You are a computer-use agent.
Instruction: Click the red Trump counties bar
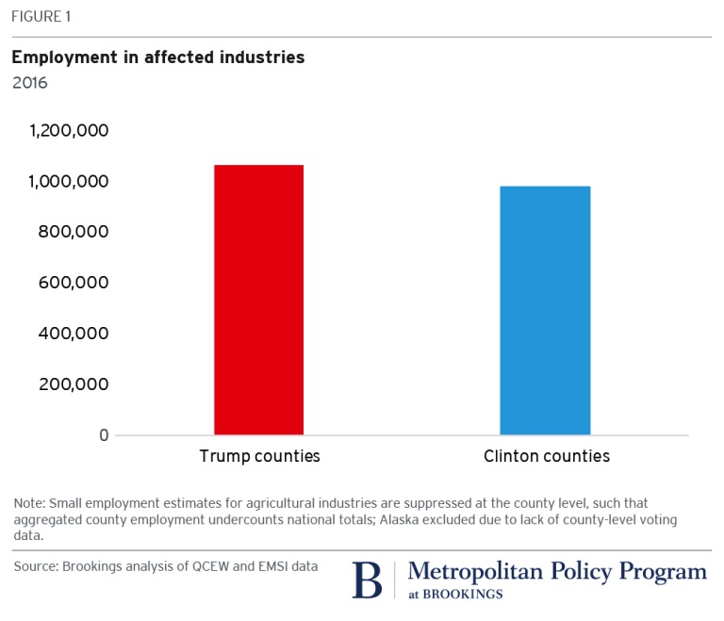coord(258,300)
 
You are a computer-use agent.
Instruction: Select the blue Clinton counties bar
coord(545,310)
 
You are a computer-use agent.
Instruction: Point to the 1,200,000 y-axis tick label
coord(69,130)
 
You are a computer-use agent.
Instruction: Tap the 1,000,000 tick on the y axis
coord(69,181)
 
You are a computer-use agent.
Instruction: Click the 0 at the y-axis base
coord(104,435)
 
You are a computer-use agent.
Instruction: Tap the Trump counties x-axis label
coord(259,456)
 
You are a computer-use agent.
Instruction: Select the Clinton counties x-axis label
coord(546,456)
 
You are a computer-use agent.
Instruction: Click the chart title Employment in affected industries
coord(157,57)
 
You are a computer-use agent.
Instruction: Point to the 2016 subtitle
coord(29,82)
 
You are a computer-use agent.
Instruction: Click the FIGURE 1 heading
coord(41,17)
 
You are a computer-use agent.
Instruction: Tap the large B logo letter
coord(367,579)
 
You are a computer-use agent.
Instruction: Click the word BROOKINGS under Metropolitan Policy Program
coord(463,595)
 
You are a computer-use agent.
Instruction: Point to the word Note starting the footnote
coord(29,503)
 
